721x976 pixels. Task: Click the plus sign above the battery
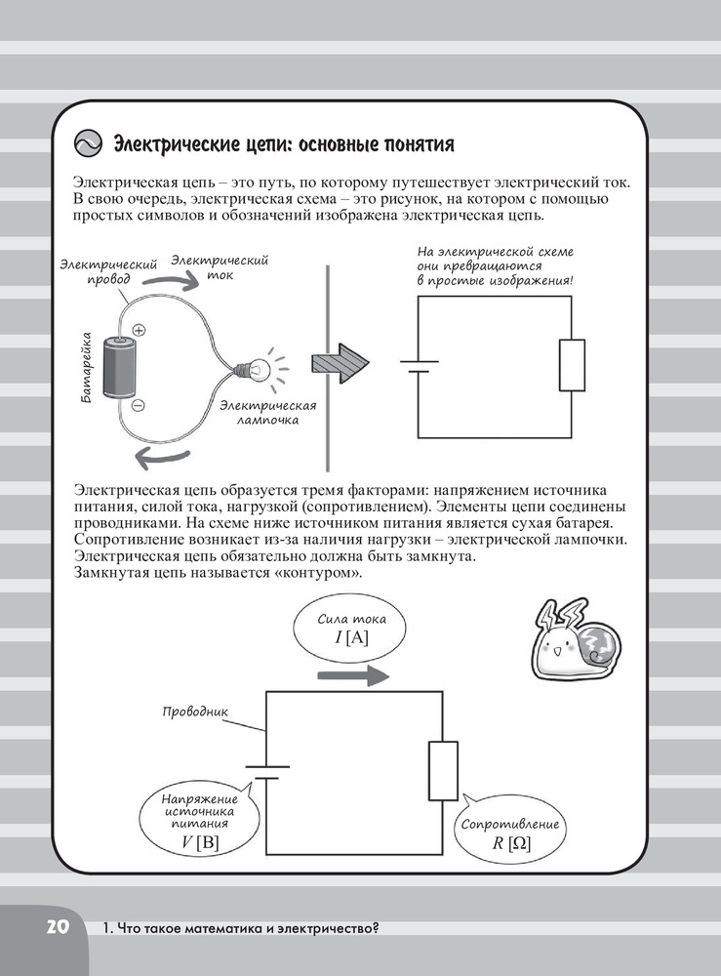point(139,330)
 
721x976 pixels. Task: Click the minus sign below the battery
point(138,403)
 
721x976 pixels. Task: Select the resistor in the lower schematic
point(442,770)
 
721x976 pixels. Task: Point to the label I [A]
point(351,637)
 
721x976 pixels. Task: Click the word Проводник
point(196,712)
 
